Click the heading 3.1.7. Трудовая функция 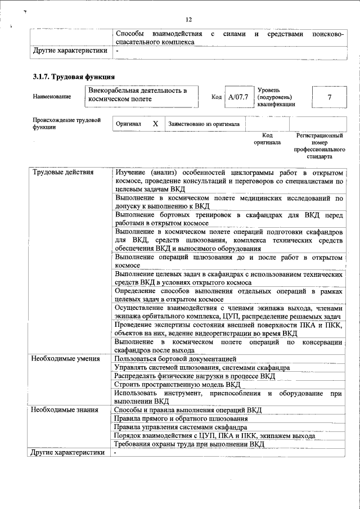point(74,76)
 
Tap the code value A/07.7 point(238,97)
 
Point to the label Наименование point(52,97)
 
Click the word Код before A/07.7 point(216,97)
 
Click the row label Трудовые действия point(62,172)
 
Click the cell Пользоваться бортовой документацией point(175,358)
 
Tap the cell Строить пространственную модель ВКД point(177,384)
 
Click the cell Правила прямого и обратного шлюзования point(180,418)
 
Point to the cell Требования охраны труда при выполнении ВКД point(188,444)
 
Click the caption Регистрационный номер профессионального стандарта point(319,146)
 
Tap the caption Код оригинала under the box point(267,139)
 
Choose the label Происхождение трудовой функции point(66,124)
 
